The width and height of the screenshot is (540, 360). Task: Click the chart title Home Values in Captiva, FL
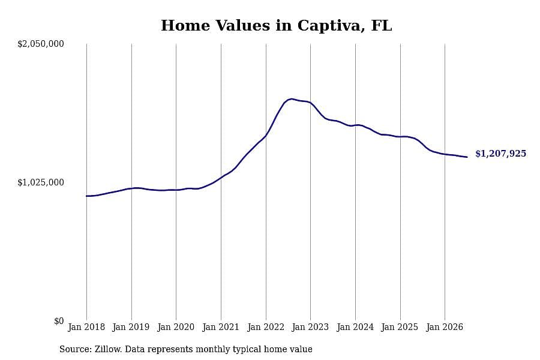(x=276, y=26)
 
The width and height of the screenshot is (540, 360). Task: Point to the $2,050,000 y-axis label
(x=41, y=44)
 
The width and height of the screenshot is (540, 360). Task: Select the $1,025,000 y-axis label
(x=41, y=182)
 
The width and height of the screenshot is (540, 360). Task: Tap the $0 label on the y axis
(x=59, y=321)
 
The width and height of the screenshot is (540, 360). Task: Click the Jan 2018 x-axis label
(x=86, y=327)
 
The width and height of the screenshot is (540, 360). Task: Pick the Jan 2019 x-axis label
(x=131, y=327)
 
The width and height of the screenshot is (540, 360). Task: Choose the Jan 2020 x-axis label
(x=176, y=327)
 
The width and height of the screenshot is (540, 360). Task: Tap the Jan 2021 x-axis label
(x=221, y=327)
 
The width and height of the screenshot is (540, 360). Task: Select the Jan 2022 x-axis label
(x=266, y=327)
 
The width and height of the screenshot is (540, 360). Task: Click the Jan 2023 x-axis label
(x=310, y=327)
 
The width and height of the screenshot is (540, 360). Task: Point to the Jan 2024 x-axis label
(x=355, y=327)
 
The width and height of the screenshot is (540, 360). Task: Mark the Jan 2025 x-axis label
(x=400, y=327)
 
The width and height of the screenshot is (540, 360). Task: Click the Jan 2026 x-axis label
(x=445, y=327)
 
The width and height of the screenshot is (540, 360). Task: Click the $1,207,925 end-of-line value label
(x=501, y=154)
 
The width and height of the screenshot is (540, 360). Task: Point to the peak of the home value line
(x=292, y=99)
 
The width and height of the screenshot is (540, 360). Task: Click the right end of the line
(x=467, y=157)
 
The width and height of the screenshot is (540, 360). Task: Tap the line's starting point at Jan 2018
(x=86, y=196)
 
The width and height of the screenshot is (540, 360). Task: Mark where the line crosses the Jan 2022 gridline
(x=266, y=135)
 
